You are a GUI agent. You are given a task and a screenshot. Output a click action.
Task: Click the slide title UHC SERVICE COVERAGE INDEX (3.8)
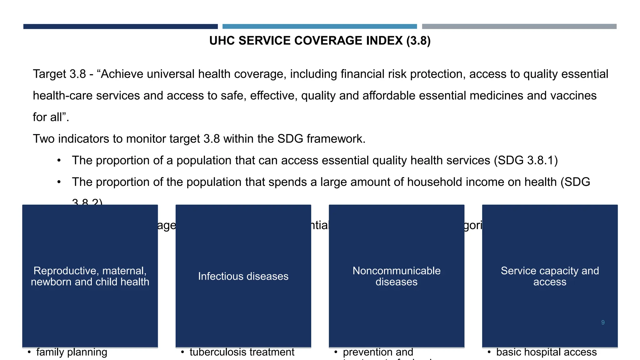pos(320,41)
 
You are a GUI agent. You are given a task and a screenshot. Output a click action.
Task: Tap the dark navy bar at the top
pos(120,27)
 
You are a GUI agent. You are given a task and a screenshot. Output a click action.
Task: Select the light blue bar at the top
pos(319,27)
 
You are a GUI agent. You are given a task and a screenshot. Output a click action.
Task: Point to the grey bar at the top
pos(519,27)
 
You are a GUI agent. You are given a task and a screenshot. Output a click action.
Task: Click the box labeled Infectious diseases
pos(243,276)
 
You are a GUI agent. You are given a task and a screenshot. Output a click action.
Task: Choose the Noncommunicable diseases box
pos(396,276)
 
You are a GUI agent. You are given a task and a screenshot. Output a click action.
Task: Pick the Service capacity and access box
pos(550,276)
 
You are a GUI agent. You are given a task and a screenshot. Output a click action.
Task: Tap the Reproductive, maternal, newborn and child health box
pos(90,276)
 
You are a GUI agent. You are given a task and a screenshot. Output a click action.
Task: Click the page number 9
pos(603,322)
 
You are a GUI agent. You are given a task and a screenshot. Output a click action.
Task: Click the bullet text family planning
pos(72,352)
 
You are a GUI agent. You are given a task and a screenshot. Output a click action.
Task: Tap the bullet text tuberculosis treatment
pos(242,352)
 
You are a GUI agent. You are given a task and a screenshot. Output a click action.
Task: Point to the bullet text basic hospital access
pos(546,352)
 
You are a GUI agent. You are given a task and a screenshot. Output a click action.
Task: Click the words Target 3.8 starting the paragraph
pos(59,74)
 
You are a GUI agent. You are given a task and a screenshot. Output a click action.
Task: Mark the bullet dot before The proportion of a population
pos(59,161)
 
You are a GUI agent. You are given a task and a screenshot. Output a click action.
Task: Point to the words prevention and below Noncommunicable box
pos(378,352)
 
